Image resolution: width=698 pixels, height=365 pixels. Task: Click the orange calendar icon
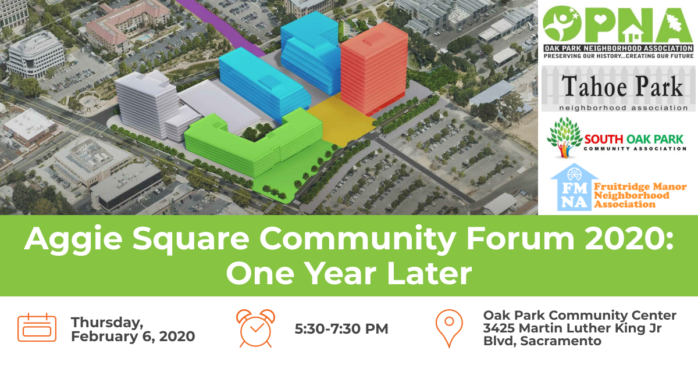tap(37, 328)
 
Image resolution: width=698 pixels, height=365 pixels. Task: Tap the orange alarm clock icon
tap(255, 328)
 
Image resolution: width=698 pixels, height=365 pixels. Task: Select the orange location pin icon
tap(449, 328)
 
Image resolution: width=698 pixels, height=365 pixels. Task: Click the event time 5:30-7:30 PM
tap(341, 329)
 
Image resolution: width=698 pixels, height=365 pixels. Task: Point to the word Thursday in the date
tap(107, 323)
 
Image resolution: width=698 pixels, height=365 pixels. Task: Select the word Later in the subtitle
tap(429, 273)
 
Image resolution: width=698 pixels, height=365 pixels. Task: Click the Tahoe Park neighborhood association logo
tap(618, 89)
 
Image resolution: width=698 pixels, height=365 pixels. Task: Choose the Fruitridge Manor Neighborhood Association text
tap(640, 196)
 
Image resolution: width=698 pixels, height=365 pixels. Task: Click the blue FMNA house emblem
tap(574, 188)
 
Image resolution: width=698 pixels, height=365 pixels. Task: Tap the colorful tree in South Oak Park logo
tap(564, 137)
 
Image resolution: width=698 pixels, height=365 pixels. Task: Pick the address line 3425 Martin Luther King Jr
tap(572, 328)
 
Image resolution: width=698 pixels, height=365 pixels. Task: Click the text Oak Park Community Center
tap(580, 316)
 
